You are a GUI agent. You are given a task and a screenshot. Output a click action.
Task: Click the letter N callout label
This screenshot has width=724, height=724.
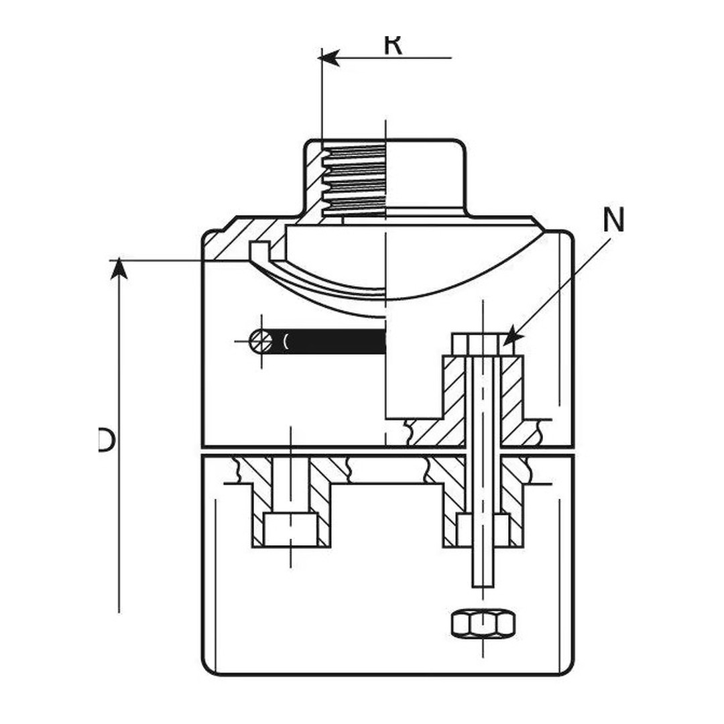tap(613, 220)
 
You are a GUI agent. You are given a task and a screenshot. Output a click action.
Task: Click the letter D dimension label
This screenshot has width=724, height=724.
tap(106, 440)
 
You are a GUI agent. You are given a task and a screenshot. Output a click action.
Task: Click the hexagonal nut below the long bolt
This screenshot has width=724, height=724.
tap(483, 623)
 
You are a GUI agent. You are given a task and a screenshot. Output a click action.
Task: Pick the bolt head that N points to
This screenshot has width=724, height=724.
tap(477, 345)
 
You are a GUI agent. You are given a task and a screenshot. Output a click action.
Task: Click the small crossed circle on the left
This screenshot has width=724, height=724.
tap(261, 341)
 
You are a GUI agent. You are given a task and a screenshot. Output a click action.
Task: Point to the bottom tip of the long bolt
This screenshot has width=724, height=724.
tap(483, 585)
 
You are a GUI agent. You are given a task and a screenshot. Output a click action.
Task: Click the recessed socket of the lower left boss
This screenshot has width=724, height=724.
tap(290, 530)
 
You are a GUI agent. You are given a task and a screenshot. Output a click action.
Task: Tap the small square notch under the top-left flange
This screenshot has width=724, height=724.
tap(258, 249)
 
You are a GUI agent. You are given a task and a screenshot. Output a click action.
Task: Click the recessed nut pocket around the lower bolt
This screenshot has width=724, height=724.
tap(483, 530)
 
